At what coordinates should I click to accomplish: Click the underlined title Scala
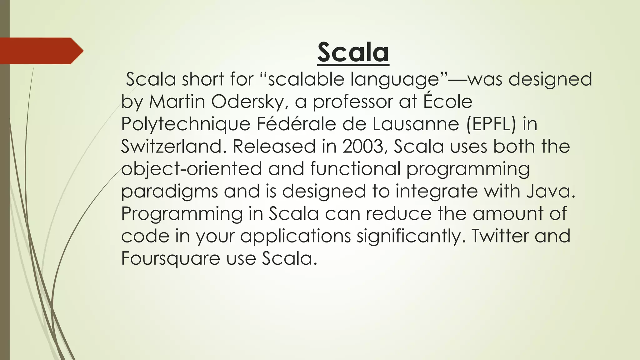353,52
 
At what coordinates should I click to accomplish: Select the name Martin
177,102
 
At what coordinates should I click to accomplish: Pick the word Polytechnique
186,124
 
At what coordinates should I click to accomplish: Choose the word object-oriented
191,169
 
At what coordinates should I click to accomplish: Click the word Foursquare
171,259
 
